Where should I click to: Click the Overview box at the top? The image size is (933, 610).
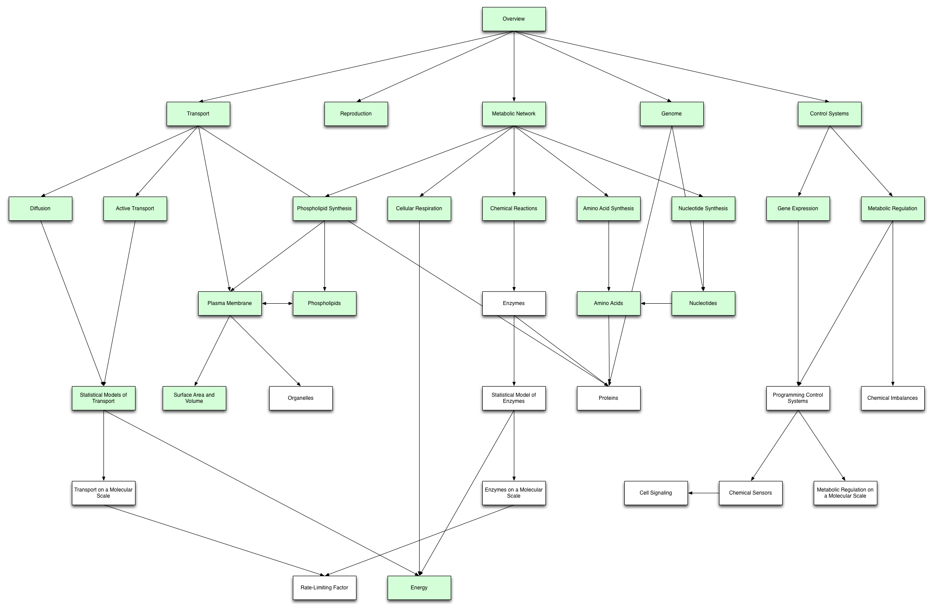[x=514, y=19]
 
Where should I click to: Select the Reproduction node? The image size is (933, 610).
[x=356, y=114]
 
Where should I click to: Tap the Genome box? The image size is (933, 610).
[x=672, y=114]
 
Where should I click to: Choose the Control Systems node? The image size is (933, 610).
[x=830, y=114]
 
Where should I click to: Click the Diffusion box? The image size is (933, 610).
[x=40, y=208]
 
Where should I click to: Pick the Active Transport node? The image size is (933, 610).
[x=135, y=208]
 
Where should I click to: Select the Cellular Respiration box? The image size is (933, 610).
[x=419, y=208]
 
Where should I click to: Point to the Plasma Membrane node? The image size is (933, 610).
[x=230, y=303]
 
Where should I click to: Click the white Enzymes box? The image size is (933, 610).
[x=514, y=303]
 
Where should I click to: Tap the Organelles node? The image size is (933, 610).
[x=301, y=398]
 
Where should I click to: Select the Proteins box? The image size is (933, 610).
[x=609, y=398]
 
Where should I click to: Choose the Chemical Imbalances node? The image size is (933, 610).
[x=893, y=398]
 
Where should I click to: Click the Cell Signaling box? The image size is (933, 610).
[x=656, y=493]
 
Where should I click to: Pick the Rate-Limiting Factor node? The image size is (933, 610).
[x=324, y=588]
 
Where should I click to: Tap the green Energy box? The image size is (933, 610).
[x=419, y=588]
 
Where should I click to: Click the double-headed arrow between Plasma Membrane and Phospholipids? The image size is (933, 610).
[x=277, y=303]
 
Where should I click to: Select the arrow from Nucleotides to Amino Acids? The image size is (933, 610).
[x=656, y=303]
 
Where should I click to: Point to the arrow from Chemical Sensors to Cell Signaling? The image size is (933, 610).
[x=703, y=493]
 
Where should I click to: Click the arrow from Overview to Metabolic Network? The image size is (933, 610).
[x=514, y=66]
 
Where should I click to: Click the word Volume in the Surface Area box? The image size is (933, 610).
[x=194, y=401]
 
